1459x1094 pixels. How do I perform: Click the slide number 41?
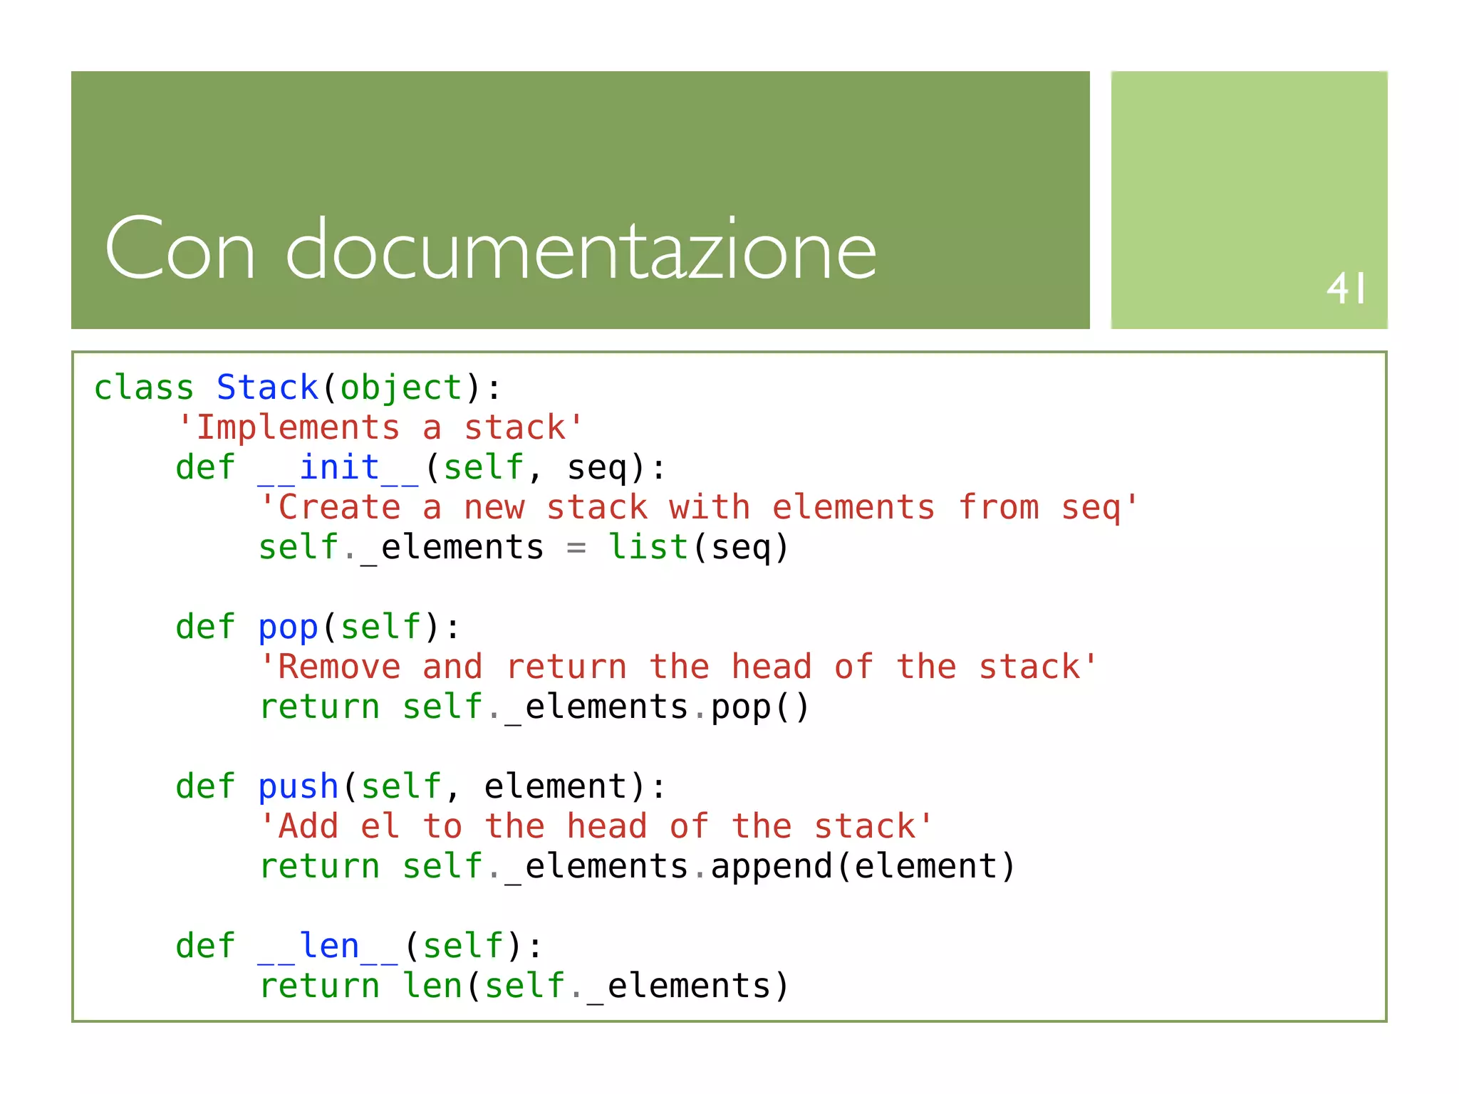pyautogui.click(x=1346, y=288)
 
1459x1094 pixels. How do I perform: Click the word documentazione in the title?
pyautogui.click(x=581, y=249)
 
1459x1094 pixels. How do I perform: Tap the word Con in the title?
pyautogui.click(x=180, y=249)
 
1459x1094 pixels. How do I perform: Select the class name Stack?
pyautogui.click(x=267, y=388)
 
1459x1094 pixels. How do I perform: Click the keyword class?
pyautogui.click(x=144, y=388)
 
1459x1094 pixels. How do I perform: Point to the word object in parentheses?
pyautogui.click(x=402, y=388)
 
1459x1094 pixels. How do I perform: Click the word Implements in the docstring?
pyautogui.click(x=298, y=428)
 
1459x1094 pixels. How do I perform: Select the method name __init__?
pyautogui.click(x=338, y=468)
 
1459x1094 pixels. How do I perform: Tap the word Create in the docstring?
pyautogui.click(x=339, y=508)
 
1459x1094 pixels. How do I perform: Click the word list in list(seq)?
pyautogui.click(x=648, y=548)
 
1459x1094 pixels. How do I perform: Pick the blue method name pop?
pyautogui.click(x=288, y=627)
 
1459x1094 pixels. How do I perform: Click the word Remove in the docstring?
pyautogui.click(x=339, y=667)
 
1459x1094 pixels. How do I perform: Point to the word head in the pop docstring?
pyautogui.click(x=772, y=667)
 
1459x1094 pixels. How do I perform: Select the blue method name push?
pyautogui.click(x=298, y=787)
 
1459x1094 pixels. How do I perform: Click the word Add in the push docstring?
pyautogui.click(x=308, y=827)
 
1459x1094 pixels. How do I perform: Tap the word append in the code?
pyautogui.click(x=772, y=867)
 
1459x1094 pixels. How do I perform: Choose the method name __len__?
pyautogui.click(x=328, y=947)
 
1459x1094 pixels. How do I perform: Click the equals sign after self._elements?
pyautogui.click(x=576, y=548)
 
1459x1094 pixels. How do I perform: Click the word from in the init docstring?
pyautogui.click(x=998, y=508)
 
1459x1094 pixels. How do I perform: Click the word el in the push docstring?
pyautogui.click(x=380, y=827)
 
